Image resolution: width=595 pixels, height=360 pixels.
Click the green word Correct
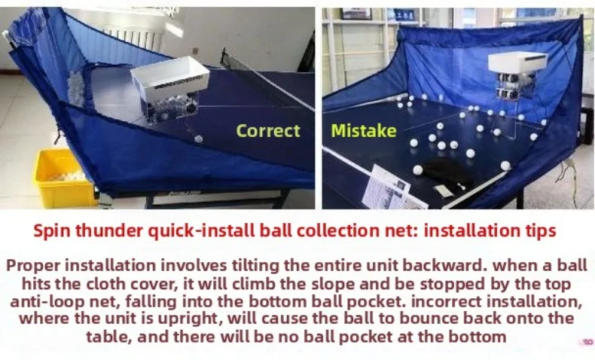coord(268,131)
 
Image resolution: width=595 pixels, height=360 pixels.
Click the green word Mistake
coord(364,131)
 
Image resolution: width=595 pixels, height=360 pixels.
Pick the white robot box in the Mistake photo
coord(518,62)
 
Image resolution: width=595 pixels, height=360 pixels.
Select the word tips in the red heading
coord(539,231)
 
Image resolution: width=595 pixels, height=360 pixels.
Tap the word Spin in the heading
coord(53,231)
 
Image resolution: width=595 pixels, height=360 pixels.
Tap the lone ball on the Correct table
coord(198,139)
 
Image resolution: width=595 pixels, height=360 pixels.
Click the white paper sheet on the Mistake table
coord(391,188)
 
